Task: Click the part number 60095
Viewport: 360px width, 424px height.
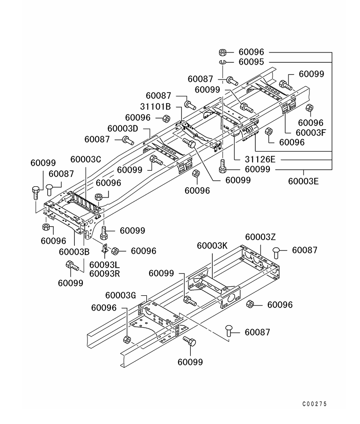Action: [x=251, y=62]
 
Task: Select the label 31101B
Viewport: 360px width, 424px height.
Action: [x=155, y=107]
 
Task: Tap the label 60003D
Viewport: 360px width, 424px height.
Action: [x=122, y=128]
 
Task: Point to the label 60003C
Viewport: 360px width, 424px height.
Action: [x=86, y=159]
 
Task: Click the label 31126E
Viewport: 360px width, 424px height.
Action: [x=260, y=159]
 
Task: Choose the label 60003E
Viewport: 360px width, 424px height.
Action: [x=303, y=181]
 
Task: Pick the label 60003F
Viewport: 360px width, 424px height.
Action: [x=311, y=133]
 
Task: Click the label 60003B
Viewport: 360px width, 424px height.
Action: [x=74, y=252]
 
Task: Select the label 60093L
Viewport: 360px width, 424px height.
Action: [x=104, y=264]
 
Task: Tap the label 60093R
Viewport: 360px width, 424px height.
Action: [x=105, y=274]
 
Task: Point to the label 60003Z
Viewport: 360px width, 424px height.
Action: [x=260, y=237]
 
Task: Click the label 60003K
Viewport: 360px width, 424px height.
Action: [x=212, y=246]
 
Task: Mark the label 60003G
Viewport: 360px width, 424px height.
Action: [x=121, y=295]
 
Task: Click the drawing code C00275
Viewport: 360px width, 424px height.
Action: [x=315, y=404]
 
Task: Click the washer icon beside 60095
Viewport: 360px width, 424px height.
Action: [x=222, y=62]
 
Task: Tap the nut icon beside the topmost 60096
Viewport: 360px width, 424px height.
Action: [x=223, y=52]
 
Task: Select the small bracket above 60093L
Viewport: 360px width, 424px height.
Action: [x=105, y=248]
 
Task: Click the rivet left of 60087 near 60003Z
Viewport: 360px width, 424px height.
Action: [x=276, y=253]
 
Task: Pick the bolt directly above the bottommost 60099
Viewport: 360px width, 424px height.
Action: [x=190, y=341]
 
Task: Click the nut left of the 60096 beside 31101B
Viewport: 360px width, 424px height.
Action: [x=166, y=118]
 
